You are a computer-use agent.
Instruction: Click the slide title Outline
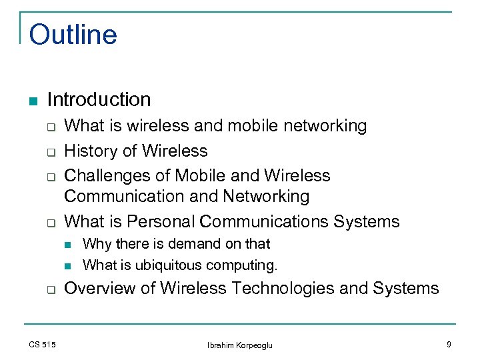click(73, 35)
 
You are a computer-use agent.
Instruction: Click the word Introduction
click(99, 100)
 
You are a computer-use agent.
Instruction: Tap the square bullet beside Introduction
click(33, 101)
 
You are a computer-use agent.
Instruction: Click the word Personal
click(161, 221)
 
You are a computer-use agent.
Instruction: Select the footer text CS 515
click(43, 344)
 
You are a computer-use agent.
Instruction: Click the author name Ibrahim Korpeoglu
click(240, 345)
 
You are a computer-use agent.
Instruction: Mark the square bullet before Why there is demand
click(67, 245)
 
